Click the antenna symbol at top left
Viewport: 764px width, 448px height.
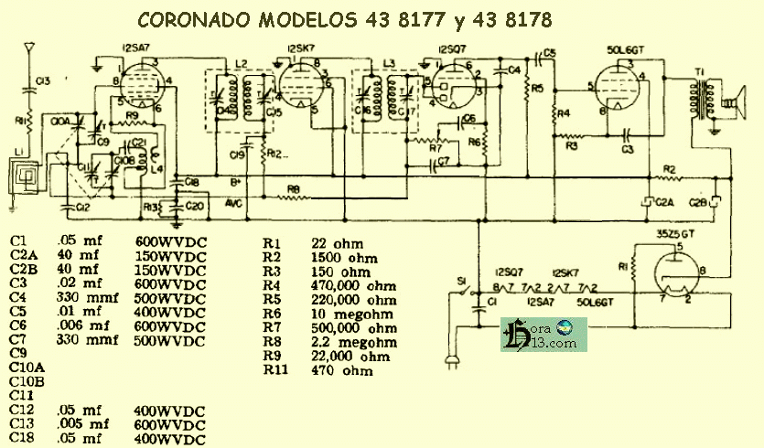30,48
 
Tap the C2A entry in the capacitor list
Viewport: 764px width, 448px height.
23,255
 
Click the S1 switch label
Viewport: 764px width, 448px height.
462,280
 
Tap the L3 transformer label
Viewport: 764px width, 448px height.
388,62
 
